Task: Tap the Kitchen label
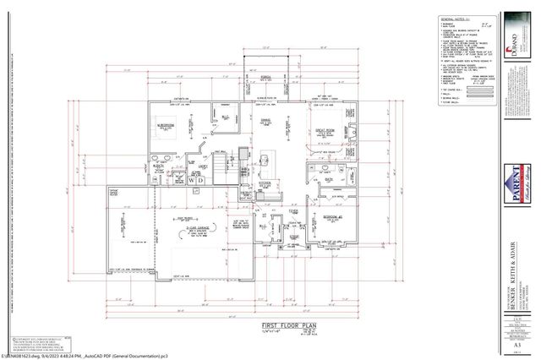(265, 183)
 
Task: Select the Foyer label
(292, 212)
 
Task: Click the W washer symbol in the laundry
(191, 180)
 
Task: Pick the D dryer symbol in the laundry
(201, 180)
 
